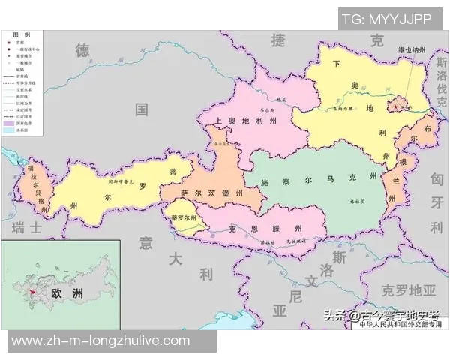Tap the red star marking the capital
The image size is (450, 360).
tap(397, 106)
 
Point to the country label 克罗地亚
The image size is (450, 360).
tap(408, 289)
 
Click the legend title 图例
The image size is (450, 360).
tap(22, 35)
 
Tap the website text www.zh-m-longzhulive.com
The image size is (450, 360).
tap(101, 340)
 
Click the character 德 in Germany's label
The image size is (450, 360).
tap(82, 50)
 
